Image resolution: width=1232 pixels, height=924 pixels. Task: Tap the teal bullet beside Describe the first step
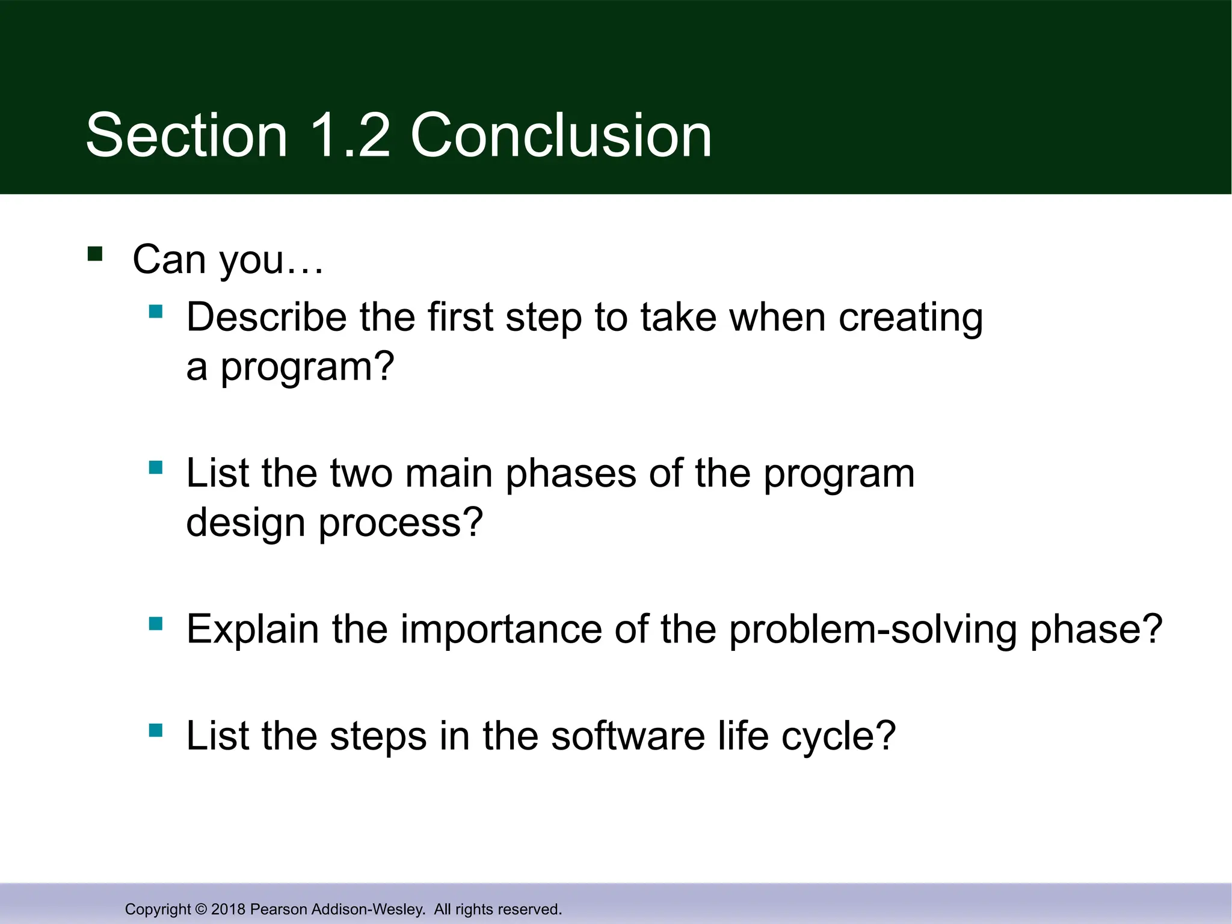pyautogui.click(x=156, y=312)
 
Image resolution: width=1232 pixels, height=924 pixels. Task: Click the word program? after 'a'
pyautogui.click(x=307, y=367)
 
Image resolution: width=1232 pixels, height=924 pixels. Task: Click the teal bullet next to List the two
pyautogui.click(x=156, y=467)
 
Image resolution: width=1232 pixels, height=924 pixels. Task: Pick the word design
pyautogui.click(x=245, y=522)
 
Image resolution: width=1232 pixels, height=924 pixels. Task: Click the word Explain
pyautogui.click(x=253, y=629)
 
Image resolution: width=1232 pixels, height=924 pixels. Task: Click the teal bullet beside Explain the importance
pyautogui.click(x=156, y=624)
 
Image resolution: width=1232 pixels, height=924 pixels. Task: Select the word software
pyautogui.click(x=627, y=736)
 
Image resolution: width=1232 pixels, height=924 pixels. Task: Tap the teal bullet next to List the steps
pyautogui.click(x=156, y=730)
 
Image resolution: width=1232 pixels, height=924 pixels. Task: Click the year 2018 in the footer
pyautogui.click(x=229, y=909)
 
